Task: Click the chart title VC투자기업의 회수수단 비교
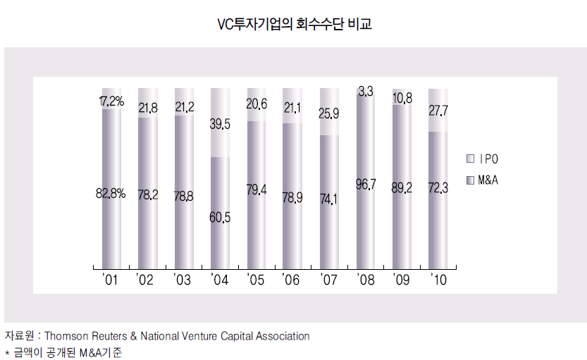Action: (293, 25)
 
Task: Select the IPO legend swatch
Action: (470, 158)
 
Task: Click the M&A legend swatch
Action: (470, 180)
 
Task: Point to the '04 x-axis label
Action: (219, 280)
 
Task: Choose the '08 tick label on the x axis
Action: (366, 280)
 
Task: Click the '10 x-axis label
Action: (438, 280)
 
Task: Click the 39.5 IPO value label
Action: (220, 125)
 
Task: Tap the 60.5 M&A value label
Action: (220, 218)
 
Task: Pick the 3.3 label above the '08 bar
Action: (366, 91)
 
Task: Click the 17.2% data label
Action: (110, 101)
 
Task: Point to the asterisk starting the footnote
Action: (6, 352)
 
